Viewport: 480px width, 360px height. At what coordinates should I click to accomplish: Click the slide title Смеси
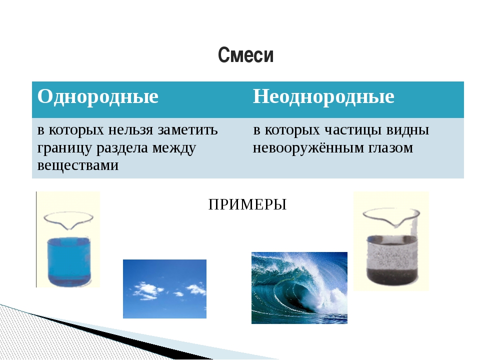(245, 55)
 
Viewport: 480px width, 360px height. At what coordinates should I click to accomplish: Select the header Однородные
(98, 96)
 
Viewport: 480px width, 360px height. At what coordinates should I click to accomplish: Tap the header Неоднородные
(323, 96)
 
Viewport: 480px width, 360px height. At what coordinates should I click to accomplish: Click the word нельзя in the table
(130, 130)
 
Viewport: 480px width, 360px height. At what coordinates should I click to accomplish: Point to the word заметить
(187, 130)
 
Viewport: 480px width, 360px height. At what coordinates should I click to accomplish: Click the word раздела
(122, 148)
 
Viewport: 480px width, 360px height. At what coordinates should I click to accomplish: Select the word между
(174, 148)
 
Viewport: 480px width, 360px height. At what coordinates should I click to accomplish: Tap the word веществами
(78, 165)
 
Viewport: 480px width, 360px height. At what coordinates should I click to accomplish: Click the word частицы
(353, 130)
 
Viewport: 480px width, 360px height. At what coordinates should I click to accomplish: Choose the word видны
(407, 130)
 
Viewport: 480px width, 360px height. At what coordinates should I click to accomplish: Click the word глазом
(390, 148)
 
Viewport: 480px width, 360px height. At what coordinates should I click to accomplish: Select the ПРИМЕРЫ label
(247, 204)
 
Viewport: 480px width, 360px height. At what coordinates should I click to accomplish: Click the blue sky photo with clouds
(164, 289)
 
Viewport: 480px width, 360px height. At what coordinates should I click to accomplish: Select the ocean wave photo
(299, 288)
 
